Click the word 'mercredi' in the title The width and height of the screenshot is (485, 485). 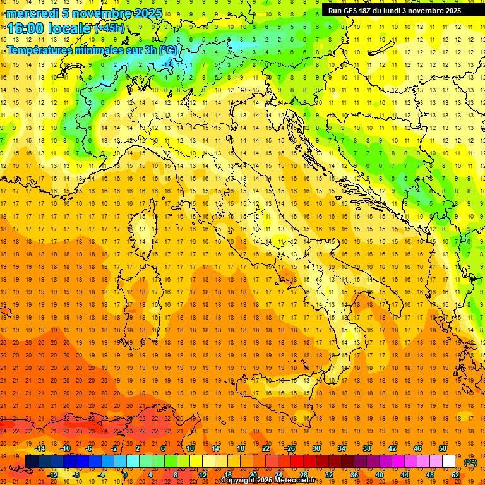click(x=32, y=13)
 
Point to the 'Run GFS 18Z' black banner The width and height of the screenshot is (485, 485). click(x=394, y=10)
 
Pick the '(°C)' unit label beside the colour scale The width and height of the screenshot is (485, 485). click(x=470, y=462)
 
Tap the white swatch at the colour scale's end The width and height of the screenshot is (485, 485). click(x=449, y=462)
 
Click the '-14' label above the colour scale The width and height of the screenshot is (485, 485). click(x=40, y=448)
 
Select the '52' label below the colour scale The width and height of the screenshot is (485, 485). click(x=455, y=475)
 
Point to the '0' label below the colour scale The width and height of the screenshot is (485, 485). click(x=125, y=475)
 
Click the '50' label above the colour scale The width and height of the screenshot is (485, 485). click(x=443, y=448)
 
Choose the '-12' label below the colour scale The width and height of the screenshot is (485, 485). click(x=52, y=475)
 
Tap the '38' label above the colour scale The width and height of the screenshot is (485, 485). click(x=367, y=448)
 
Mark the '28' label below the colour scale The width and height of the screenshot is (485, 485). click(x=303, y=475)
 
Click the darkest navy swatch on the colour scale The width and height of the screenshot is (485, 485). click(x=31, y=462)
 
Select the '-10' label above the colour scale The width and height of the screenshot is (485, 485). click(x=65, y=448)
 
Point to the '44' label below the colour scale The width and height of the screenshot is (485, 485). click(x=405, y=475)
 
